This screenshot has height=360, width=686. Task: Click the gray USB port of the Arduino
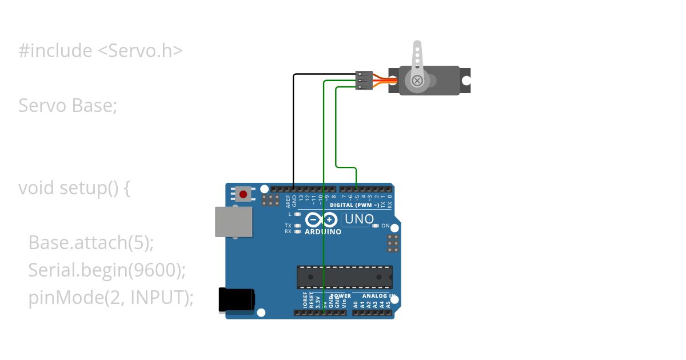pos(233,222)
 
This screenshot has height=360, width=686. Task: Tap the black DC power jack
pos(237,300)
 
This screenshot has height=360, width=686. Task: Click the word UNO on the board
pos(358,219)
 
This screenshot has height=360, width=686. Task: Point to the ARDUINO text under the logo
pos(323,232)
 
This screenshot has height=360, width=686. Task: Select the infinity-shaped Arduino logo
pos(322,219)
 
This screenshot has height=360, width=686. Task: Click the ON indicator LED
pos(375,226)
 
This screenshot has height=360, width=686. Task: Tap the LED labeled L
pos(297,214)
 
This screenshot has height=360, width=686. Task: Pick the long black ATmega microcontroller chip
pos(344,277)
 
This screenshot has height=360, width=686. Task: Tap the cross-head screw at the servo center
pos(417,80)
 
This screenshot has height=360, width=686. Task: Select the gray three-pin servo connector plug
pos(364,81)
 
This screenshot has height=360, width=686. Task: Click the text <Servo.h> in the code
pos(140,51)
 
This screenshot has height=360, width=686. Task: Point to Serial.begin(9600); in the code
pos(107,270)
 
